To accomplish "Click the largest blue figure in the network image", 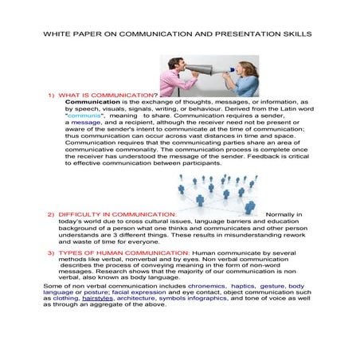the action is coord(250,207).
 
